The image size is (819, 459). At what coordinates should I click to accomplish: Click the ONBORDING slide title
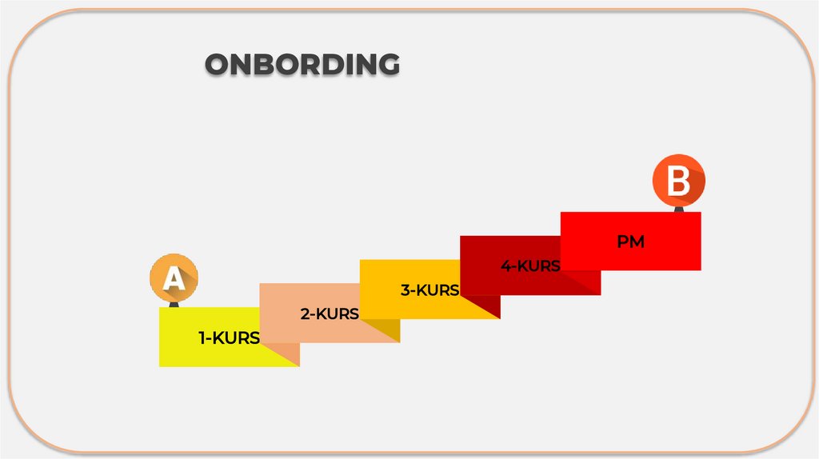tap(302, 65)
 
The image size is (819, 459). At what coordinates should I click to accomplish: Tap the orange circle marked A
tap(174, 279)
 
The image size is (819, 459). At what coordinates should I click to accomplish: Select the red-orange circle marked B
tap(679, 181)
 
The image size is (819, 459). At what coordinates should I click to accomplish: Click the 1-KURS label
tap(230, 338)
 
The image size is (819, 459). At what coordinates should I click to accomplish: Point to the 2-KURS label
tap(330, 314)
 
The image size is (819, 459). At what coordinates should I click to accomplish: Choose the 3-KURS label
tap(429, 290)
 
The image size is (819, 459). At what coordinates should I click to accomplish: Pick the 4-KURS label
tap(530, 266)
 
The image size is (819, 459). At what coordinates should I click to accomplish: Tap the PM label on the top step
tap(630, 241)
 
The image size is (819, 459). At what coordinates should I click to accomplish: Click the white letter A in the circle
tap(174, 280)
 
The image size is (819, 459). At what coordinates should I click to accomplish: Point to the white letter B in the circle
tap(678, 182)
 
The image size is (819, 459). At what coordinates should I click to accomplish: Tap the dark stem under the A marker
tap(174, 304)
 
